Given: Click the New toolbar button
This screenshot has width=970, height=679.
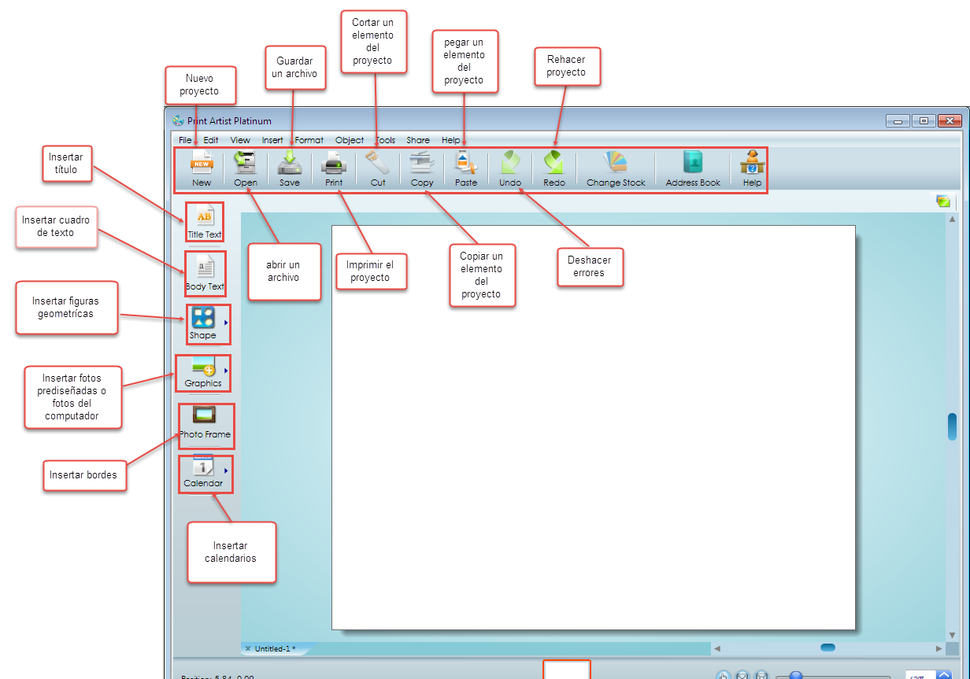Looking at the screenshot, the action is (x=202, y=168).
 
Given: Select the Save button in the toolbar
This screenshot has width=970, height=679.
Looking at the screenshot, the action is (x=290, y=168).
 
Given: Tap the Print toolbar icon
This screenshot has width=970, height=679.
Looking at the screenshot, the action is (x=334, y=168).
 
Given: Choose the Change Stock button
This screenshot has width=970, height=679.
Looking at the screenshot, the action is (x=616, y=168).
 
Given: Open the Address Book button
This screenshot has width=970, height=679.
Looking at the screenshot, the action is (x=693, y=168).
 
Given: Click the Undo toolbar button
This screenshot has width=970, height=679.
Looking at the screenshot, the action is (x=510, y=168).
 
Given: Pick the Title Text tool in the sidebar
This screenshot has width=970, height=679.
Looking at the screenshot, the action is (x=205, y=221).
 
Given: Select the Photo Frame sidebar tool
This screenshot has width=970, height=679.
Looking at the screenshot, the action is (x=205, y=425).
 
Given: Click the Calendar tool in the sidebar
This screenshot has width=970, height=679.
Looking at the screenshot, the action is (x=203, y=473).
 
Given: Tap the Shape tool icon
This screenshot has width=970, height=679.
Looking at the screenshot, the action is (x=203, y=323).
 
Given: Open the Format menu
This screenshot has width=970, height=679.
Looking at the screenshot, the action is (x=309, y=140).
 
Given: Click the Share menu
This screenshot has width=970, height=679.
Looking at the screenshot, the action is (x=418, y=140).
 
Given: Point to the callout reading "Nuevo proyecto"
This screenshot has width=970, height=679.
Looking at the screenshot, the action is (x=199, y=85).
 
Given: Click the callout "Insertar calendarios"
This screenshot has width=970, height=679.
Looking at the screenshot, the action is (x=231, y=552).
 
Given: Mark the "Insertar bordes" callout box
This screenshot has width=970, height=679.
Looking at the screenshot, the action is (x=83, y=475).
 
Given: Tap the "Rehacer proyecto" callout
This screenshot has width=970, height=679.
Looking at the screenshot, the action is (x=566, y=66).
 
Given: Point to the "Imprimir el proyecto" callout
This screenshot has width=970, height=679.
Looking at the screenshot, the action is (x=370, y=271).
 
